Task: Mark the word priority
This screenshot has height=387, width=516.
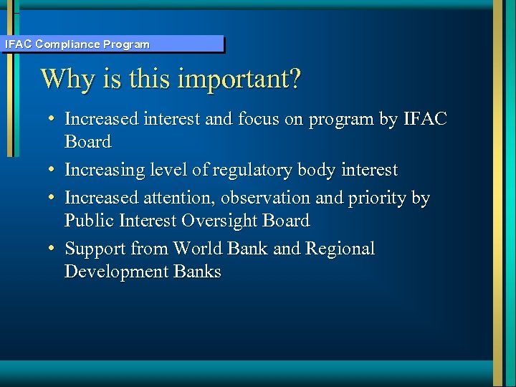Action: (x=383, y=199)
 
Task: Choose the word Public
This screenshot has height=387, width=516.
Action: (x=87, y=221)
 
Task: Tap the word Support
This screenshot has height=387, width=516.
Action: (x=95, y=249)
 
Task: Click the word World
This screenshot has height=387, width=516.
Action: (x=198, y=249)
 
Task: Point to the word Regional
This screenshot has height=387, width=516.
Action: (x=340, y=249)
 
